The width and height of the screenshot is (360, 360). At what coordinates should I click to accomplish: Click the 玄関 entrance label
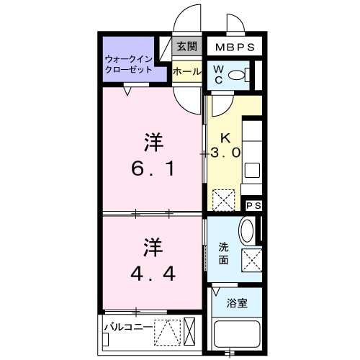[186, 47]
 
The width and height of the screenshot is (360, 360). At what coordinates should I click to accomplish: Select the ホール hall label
[186, 72]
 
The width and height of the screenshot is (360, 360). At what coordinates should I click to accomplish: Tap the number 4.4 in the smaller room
[152, 274]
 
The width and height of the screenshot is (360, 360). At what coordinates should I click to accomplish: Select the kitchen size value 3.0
[225, 153]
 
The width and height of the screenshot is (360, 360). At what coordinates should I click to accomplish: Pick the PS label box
[253, 206]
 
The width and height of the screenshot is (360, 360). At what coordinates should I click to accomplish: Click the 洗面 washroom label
[224, 253]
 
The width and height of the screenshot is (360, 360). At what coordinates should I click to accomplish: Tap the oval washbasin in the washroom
[246, 231]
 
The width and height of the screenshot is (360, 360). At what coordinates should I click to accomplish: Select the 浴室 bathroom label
[238, 303]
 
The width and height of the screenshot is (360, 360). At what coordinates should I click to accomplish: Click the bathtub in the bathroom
[238, 335]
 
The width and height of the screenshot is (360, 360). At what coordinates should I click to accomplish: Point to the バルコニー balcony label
[127, 326]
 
